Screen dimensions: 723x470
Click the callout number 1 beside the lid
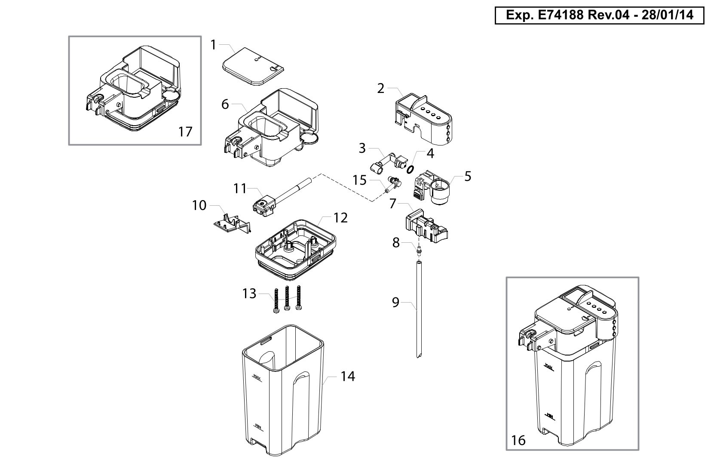coord(213,45)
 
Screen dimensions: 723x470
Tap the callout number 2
coord(381,89)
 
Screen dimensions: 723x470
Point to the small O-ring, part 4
coord(411,169)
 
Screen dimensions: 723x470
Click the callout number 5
coord(468,176)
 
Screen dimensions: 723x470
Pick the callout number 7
coord(392,204)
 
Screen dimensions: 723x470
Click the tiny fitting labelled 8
coord(419,250)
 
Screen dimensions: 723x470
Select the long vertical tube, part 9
coord(419,310)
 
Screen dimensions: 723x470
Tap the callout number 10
coord(199,205)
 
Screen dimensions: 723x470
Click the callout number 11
coord(240,189)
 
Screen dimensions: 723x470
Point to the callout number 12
coord(340,218)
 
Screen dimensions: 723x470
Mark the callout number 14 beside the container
coord(348,376)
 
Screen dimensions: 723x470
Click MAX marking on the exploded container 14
coord(257,377)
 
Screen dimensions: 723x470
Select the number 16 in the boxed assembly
coord(518,440)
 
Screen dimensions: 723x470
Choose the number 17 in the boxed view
coord(185,132)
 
